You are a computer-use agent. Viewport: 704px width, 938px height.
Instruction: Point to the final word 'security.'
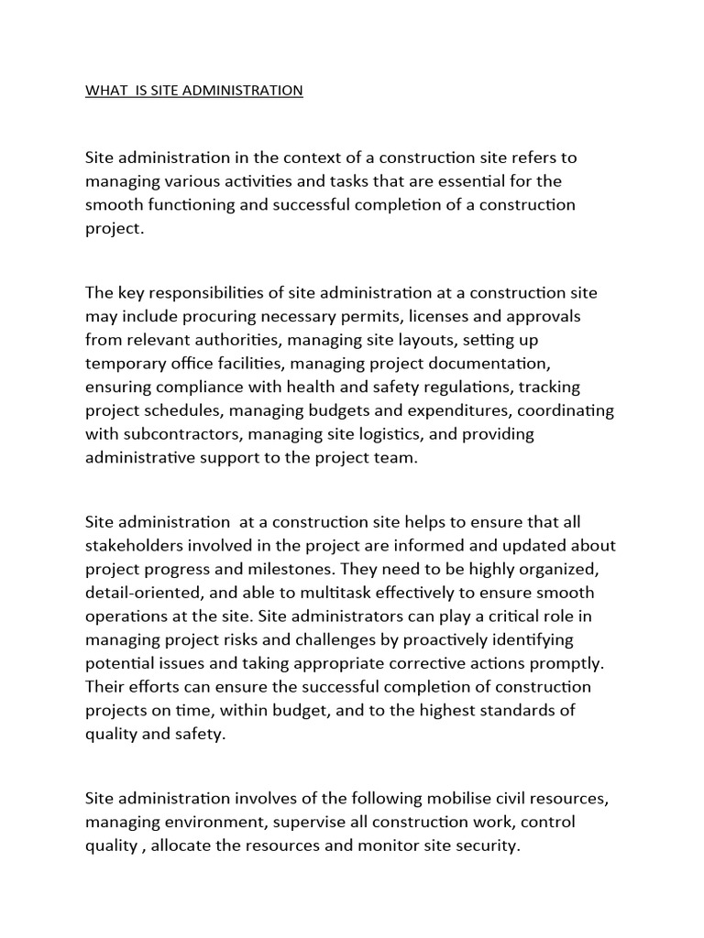487,846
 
